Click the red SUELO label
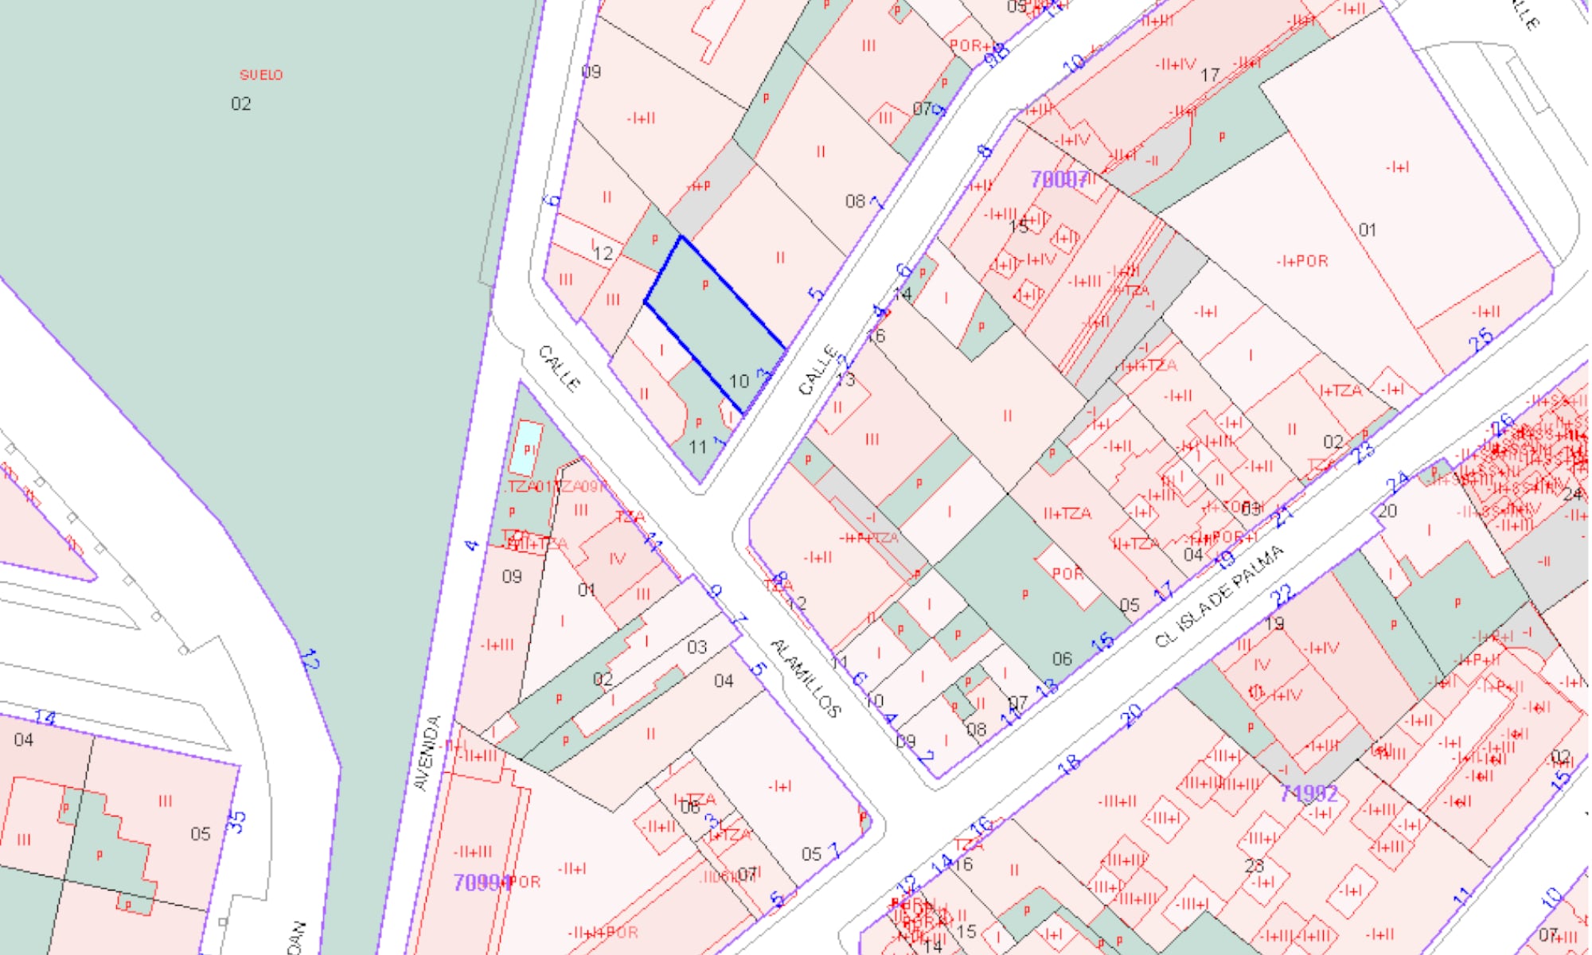click(x=261, y=75)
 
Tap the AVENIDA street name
click(x=428, y=753)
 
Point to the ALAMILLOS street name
click(x=806, y=678)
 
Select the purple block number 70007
click(x=1059, y=180)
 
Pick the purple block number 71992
click(x=1309, y=793)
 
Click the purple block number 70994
click(x=481, y=883)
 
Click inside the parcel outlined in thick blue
click(x=712, y=318)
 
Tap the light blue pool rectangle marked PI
click(x=525, y=449)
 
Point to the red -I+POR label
click(x=1302, y=261)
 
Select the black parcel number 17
click(x=1210, y=75)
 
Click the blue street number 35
click(x=236, y=821)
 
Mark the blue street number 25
click(x=1481, y=341)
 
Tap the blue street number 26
click(x=1501, y=426)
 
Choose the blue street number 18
click(x=1069, y=764)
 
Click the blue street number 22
click(x=1282, y=595)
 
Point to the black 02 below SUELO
click(x=240, y=103)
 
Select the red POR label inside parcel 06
click(x=1067, y=574)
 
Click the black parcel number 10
click(x=739, y=381)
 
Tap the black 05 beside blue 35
click(x=201, y=833)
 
